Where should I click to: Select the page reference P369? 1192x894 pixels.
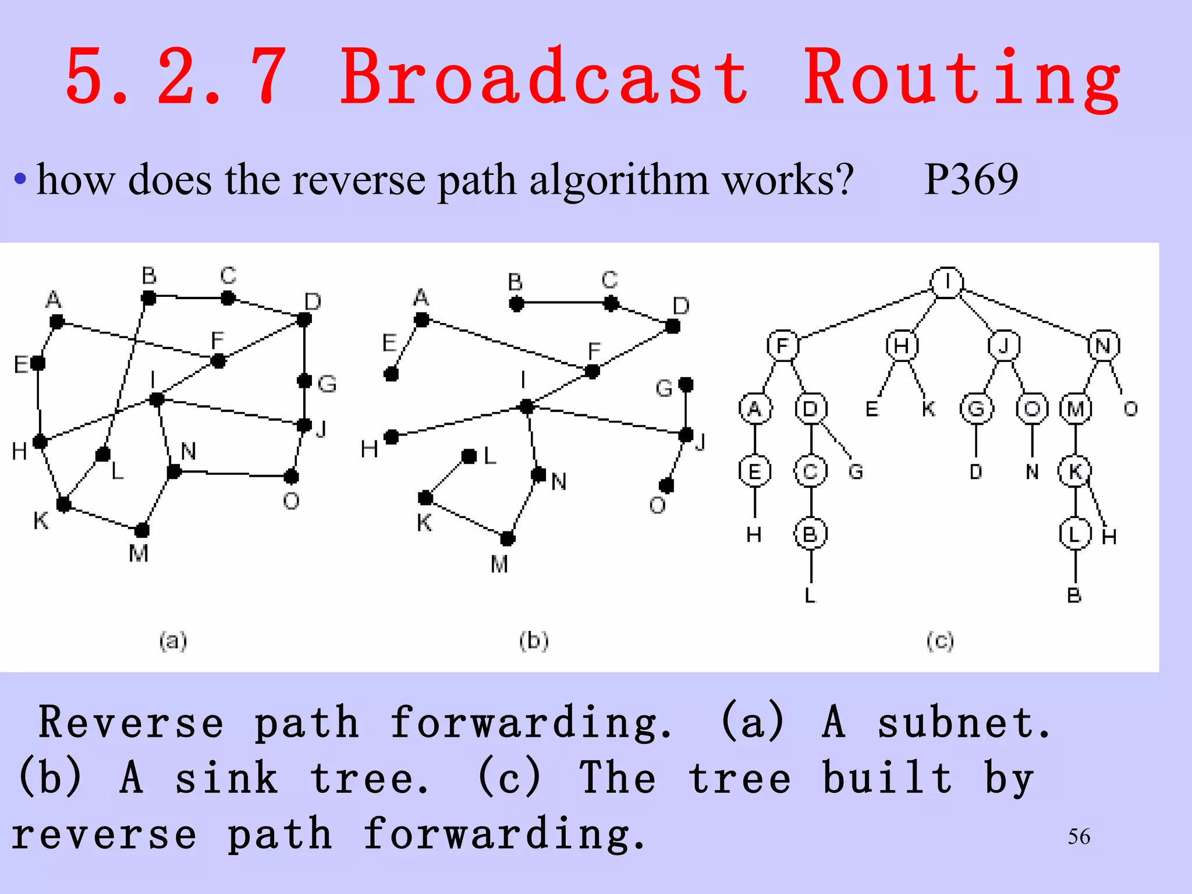971,179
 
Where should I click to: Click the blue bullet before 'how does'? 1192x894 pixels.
20,179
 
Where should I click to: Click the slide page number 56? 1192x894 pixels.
1079,837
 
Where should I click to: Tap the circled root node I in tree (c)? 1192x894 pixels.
947,283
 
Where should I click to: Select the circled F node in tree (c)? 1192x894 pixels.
783,346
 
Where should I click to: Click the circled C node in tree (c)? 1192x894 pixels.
811,471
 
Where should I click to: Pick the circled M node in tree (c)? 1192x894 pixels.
1076,409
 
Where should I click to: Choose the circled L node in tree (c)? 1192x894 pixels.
1075,534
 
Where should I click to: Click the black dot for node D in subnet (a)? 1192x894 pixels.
304,320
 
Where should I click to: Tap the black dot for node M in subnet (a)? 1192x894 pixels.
142,530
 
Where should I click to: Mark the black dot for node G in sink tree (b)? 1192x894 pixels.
686,384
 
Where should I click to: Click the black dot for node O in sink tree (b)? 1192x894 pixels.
666,485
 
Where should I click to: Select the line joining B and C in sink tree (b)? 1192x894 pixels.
563,303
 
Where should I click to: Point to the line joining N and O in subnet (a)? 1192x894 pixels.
233,474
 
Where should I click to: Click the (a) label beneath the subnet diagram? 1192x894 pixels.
173,641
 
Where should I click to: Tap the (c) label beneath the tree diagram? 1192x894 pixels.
940,641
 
